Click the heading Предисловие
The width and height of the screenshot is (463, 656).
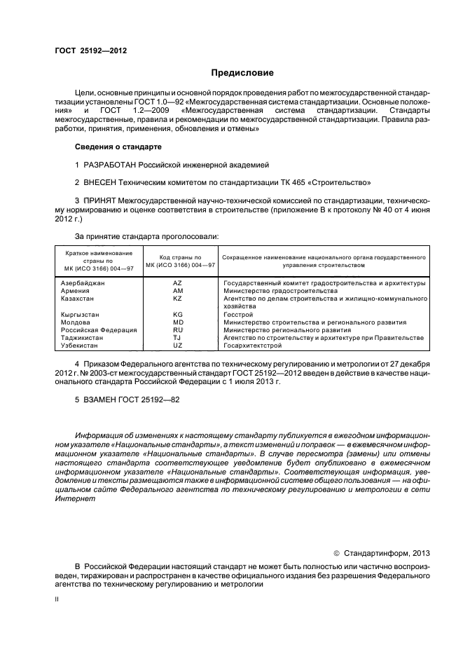point(243,73)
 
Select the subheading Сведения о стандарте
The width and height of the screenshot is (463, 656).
point(118,147)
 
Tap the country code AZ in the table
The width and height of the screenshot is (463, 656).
point(177,283)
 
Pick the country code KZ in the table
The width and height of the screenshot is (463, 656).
point(177,299)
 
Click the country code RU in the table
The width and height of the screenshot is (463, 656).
point(177,330)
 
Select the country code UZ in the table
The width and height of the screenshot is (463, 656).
point(177,346)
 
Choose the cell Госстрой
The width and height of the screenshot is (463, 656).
point(239,315)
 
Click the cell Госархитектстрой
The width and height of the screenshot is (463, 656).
point(252,346)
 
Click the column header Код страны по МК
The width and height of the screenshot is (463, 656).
point(180,261)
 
